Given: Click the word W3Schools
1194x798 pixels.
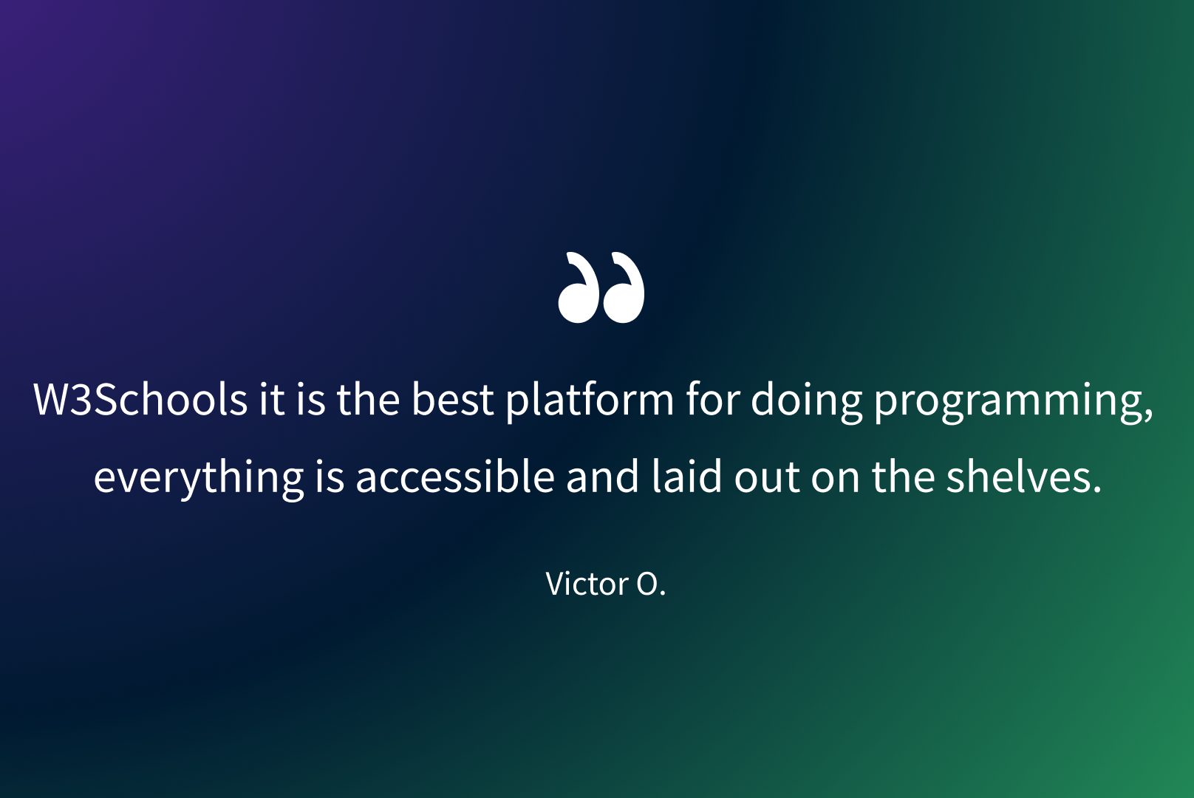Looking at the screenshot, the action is pyautogui.click(x=140, y=399).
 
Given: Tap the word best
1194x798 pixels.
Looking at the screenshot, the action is pyautogui.click(x=452, y=399).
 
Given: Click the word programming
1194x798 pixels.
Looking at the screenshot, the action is pyautogui.click(x=1013, y=403).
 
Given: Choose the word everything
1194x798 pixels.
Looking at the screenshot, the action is pyautogui.click(x=199, y=478).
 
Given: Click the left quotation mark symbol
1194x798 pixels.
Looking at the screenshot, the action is pyautogui.click(x=578, y=287).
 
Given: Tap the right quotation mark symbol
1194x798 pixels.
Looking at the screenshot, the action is pyautogui.click(x=624, y=287).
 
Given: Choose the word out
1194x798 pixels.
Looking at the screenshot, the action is pyautogui.click(x=766, y=477).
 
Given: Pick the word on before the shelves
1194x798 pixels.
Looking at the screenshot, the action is pyautogui.click(x=835, y=480).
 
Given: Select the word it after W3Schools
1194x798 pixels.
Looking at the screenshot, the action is pyautogui.click(x=271, y=400).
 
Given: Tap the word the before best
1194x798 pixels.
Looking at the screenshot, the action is pyautogui.click(x=368, y=399).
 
